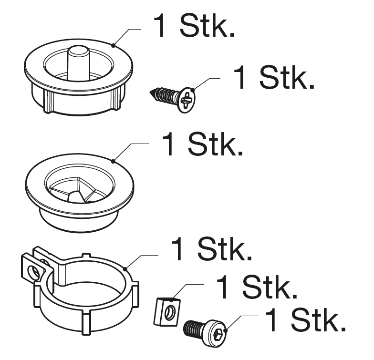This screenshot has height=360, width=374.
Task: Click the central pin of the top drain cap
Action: tap(77, 62)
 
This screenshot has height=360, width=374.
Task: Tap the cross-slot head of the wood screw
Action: tap(187, 100)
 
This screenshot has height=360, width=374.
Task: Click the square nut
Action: tap(167, 311)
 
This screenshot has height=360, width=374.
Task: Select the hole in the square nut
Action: tap(170, 312)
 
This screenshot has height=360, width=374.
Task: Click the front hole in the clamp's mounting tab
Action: tap(33, 272)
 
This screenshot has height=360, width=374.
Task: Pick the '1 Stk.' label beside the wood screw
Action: tap(274, 77)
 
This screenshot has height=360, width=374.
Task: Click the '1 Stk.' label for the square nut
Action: tap(257, 287)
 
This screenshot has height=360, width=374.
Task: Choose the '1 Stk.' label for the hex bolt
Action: tap(306, 319)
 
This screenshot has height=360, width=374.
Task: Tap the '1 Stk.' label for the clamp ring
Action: tap(212, 248)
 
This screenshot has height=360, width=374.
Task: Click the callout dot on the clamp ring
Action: tap(125, 269)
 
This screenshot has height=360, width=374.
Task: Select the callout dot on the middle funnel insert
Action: tap(113, 161)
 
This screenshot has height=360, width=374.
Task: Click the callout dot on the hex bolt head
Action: tap(226, 330)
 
